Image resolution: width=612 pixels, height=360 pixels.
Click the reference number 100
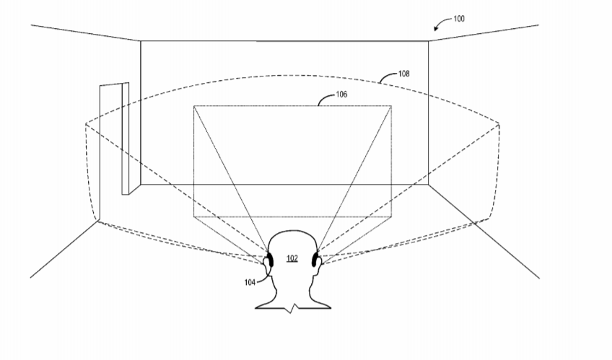(x=458, y=19)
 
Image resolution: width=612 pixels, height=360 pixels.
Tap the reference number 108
(x=403, y=74)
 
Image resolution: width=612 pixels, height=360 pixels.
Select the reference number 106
(x=341, y=95)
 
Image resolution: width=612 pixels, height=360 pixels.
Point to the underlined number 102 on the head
(x=292, y=258)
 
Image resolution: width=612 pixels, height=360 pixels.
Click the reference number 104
(x=250, y=282)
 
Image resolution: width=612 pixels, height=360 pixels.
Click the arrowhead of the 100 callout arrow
(x=436, y=28)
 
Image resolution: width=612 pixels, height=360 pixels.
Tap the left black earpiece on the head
(x=270, y=260)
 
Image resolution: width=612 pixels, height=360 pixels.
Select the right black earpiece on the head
(x=315, y=260)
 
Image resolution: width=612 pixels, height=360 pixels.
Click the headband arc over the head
(x=292, y=231)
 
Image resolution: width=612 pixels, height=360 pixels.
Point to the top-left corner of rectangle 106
(x=194, y=106)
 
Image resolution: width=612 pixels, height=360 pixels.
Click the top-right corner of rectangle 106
(x=391, y=106)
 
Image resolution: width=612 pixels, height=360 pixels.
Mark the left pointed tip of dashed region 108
(x=85, y=124)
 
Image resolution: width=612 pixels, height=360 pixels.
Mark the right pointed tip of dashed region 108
(x=499, y=124)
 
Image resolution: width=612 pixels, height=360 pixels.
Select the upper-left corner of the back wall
(x=141, y=40)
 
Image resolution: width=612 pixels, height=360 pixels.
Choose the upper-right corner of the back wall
(x=428, y=40)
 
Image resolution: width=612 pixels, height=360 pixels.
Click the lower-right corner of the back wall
(x=428, y=184)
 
